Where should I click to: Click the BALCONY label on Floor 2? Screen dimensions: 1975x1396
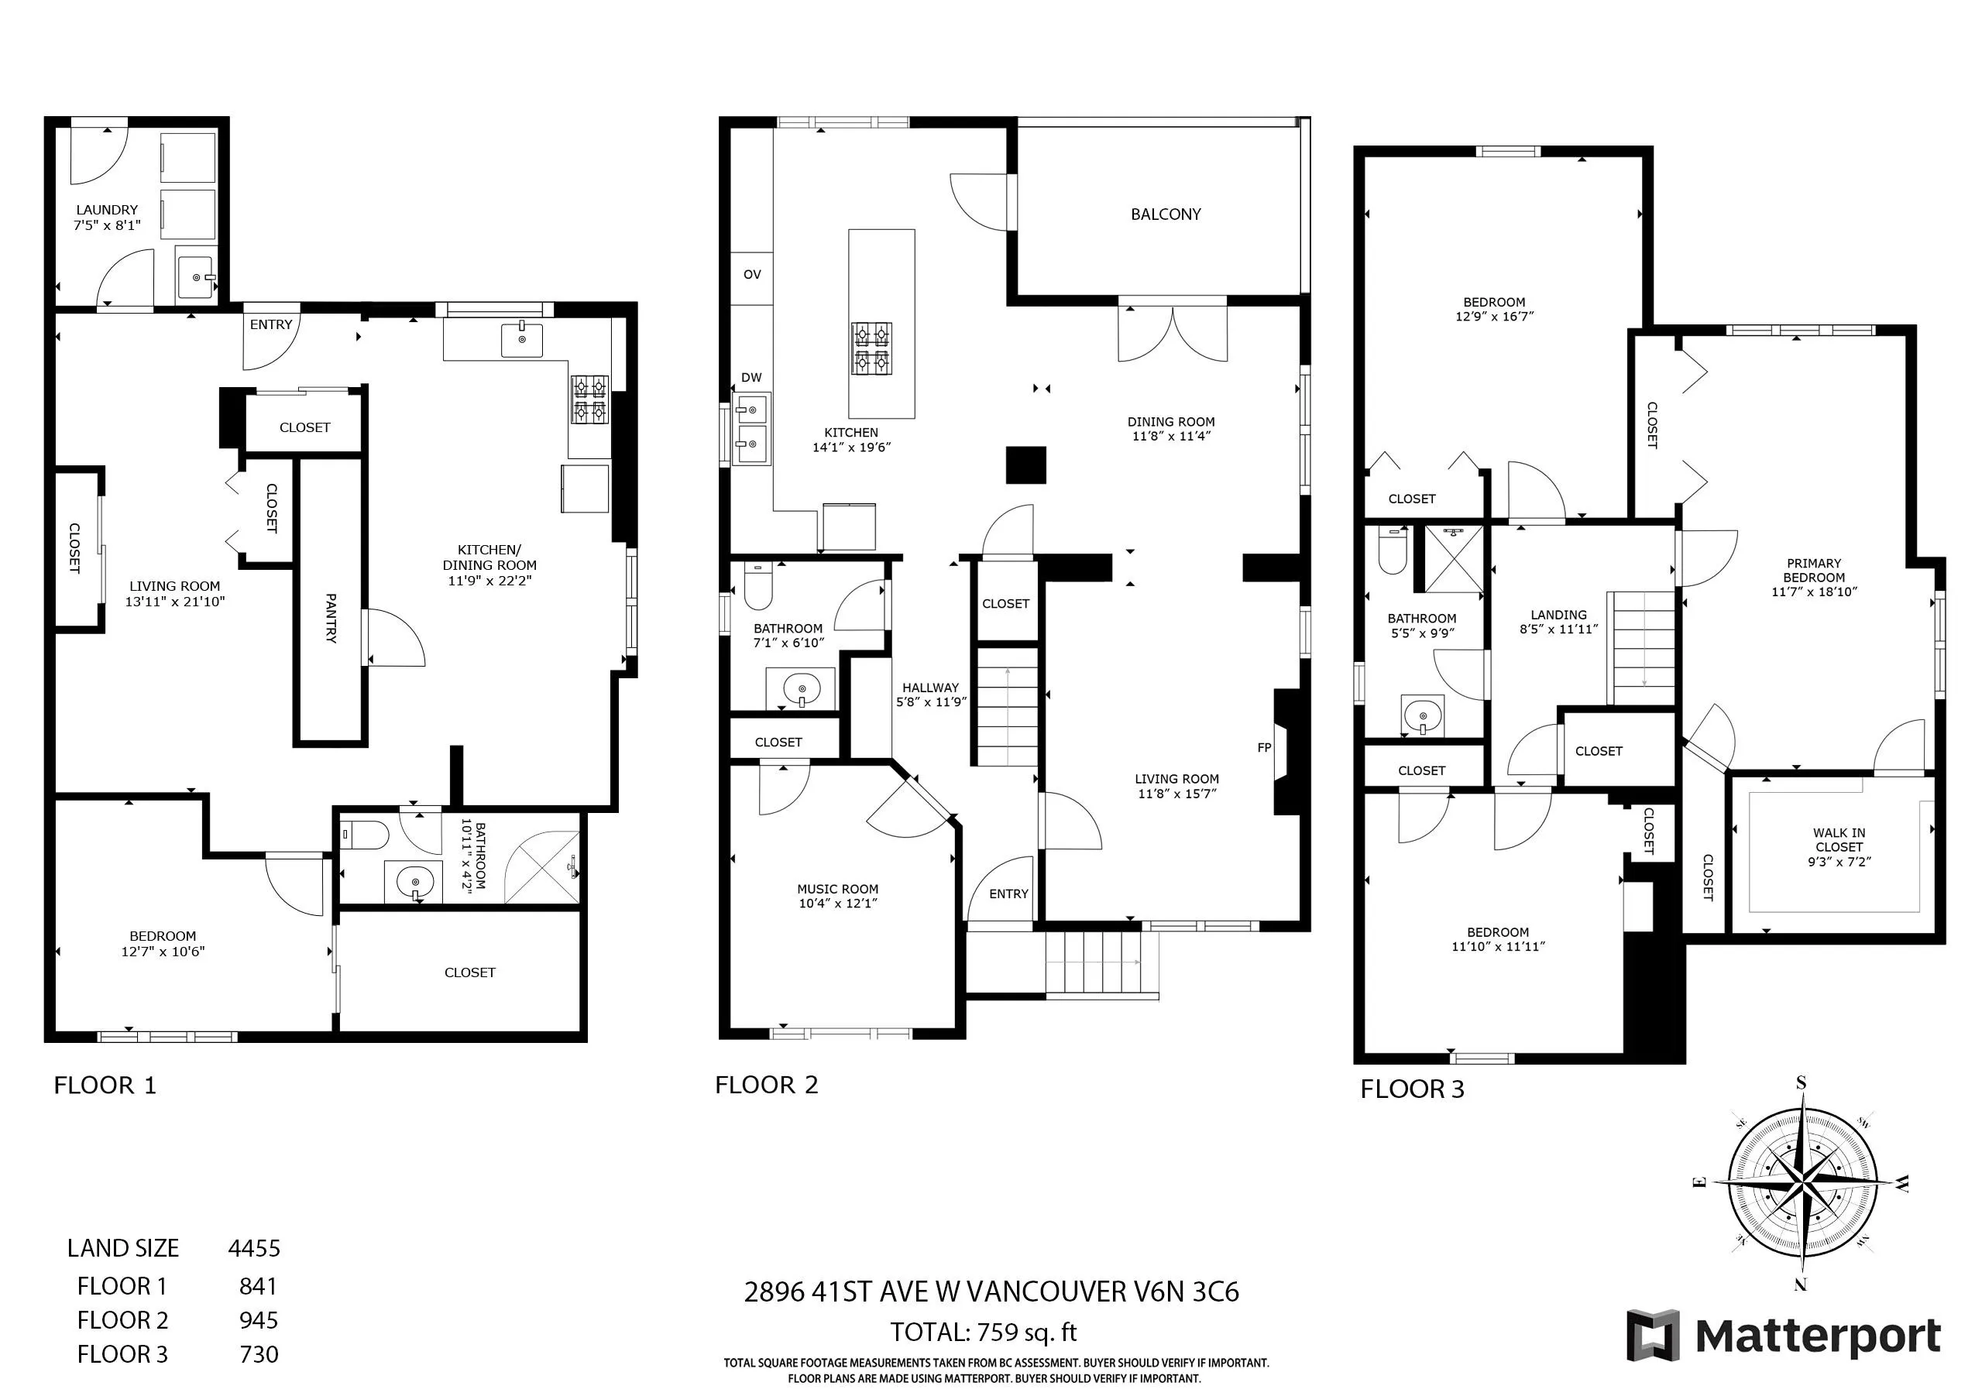(x=1166, y=214)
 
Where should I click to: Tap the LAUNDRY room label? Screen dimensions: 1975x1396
(x=107, y=209)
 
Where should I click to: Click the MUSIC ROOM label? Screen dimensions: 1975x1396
(x=838, y=889)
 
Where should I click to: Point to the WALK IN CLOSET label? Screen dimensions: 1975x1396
(x=1839, y=839)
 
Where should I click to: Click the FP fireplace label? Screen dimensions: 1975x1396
(x=1264, y=747)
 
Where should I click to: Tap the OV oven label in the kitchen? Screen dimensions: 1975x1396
(x=752, y=274)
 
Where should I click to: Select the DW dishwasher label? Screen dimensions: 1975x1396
(x=751, y=377)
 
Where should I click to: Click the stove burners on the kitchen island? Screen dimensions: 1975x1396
(x=872, y=348)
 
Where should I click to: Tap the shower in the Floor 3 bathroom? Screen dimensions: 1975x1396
(x=1455, y=558)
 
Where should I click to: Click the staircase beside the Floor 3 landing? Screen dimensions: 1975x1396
(x=1642, y=649)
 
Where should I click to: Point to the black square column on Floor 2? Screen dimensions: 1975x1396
(x=1026, y=465)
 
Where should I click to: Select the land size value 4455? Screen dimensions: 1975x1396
(x=255, y=1248)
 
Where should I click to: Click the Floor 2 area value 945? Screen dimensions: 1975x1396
(x=259, y=1320)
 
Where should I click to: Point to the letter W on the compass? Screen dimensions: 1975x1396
(x=1902, y=1185)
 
